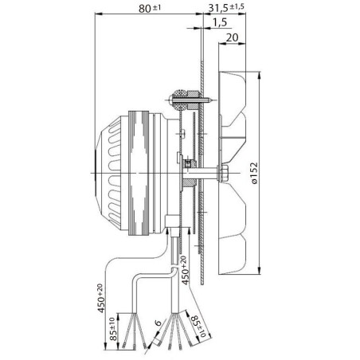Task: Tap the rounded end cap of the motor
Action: pos(102,170)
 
